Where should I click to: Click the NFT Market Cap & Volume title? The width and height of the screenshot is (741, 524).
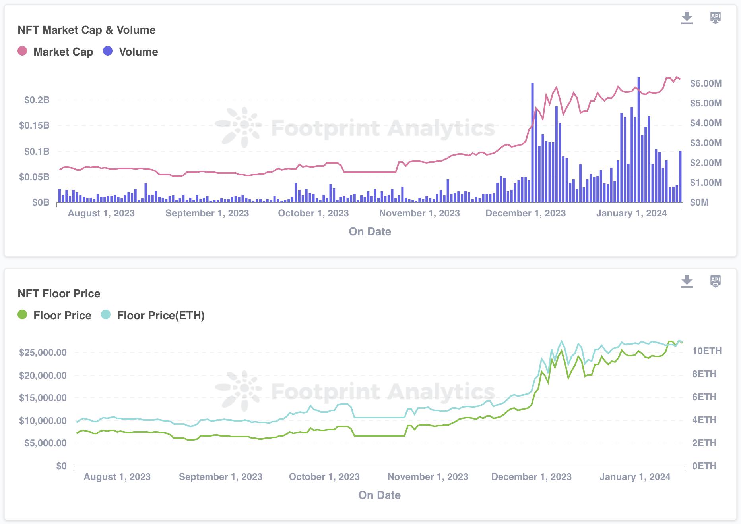click(87, 30)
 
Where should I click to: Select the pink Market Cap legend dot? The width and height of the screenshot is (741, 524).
click(22, 51)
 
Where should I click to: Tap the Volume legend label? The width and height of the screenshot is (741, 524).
click(138, 52)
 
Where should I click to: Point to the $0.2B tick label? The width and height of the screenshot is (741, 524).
click(37, 100)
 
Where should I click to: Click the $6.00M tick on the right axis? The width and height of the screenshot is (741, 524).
click(706, 83)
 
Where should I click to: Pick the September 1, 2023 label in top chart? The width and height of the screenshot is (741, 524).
click(207, 213)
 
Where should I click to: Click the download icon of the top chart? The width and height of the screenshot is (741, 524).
click(687, 18)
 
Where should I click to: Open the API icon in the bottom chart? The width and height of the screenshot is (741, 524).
click(715, 281)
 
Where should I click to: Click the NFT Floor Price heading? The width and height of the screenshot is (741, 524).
click(59, 294)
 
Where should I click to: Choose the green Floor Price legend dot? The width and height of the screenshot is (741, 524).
click(22, 315)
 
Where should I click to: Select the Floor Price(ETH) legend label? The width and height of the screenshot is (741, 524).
click(161, 316)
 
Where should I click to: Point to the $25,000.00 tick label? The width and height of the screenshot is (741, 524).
click(43, 353)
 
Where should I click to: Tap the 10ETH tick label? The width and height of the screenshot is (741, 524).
click(707, 351)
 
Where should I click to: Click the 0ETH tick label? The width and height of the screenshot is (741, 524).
click(704, 466)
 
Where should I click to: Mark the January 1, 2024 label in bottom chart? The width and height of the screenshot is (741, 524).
click(635, 477)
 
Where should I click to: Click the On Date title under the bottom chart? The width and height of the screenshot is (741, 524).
click(379, 495)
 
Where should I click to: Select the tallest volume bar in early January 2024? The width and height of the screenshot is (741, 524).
click(638, 139)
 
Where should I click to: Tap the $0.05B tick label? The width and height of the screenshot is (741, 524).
click(34, 177)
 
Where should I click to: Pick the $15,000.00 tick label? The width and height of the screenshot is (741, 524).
click(43, 398)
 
